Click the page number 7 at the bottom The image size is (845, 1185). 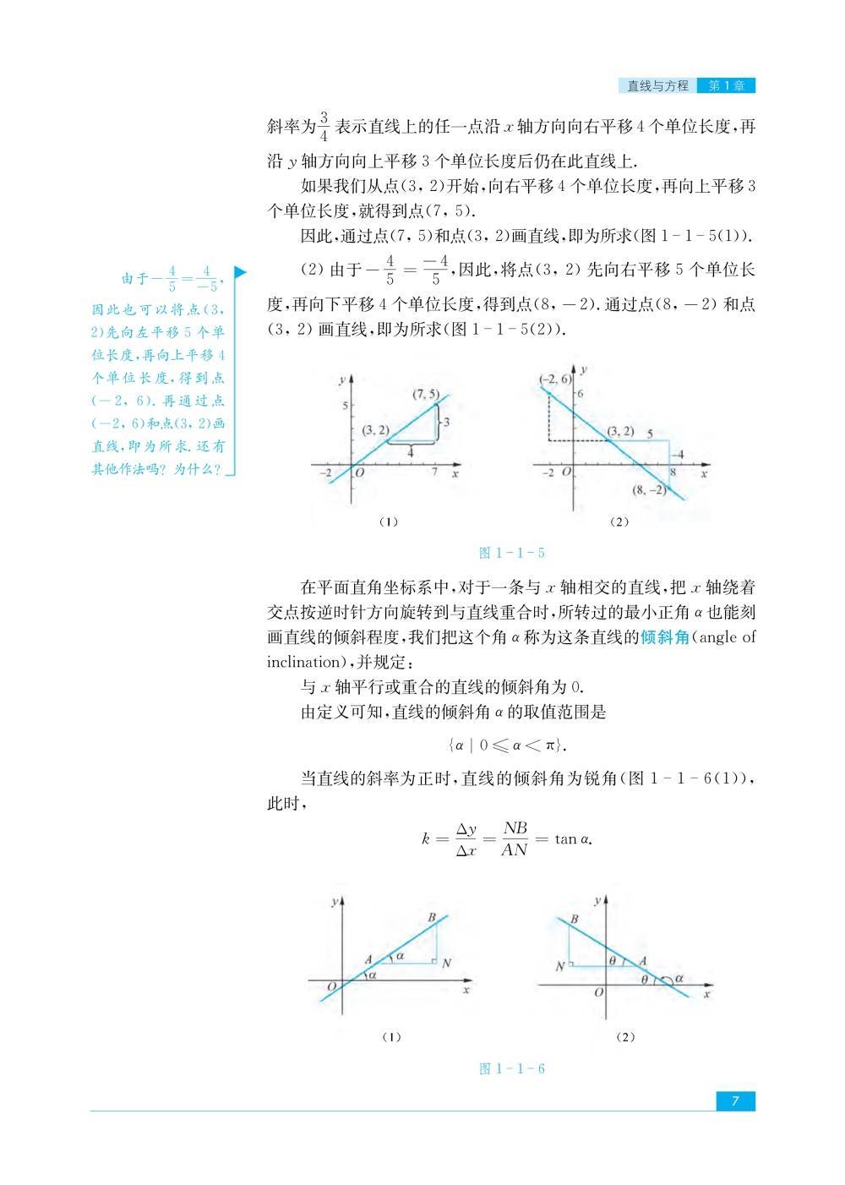point(735,1100)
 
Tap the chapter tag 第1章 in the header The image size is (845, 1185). point(726,85)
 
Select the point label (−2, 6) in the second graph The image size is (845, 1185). point(555,380)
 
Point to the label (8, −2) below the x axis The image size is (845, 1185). point(649,489)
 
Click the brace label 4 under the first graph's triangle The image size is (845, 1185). point(411,452)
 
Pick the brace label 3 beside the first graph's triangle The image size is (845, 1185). point(446,421)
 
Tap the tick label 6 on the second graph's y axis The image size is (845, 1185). point(581,394)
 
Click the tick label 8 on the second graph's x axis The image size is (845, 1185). point(673,472)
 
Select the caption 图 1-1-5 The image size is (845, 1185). point(511,553)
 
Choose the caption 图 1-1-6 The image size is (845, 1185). point(511,1068)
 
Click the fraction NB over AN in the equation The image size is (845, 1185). point(515,838)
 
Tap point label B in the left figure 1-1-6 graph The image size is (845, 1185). point(432,918)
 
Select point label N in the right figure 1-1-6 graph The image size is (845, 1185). point(559,965)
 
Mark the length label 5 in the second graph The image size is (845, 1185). point(650,434)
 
